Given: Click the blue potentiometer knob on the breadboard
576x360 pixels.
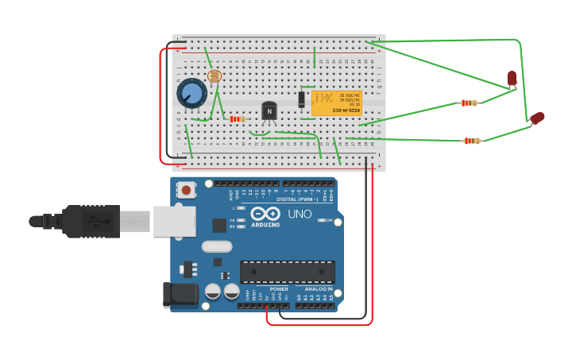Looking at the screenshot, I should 191,94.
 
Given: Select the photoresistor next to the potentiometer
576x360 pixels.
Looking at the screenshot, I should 214,75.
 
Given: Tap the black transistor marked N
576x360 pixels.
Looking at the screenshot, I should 269,110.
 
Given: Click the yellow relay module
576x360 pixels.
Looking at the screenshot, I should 336,103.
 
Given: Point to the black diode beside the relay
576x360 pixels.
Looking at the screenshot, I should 302,99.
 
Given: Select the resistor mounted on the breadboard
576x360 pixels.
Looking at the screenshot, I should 236,119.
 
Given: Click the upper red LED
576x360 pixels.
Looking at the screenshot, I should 512,78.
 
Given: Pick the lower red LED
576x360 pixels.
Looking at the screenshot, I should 538,118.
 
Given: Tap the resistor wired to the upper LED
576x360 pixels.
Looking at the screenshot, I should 469,103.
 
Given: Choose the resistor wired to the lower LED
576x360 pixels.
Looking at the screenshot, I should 471,141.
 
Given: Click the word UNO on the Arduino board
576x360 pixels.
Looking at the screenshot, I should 300,214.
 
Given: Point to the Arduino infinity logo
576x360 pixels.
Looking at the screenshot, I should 265,213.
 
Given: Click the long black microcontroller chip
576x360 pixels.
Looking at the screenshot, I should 287,272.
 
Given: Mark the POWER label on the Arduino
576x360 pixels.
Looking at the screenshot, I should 279,288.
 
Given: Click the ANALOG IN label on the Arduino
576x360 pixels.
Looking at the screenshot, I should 319,288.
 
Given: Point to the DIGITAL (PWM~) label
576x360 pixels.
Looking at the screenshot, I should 298,199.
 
